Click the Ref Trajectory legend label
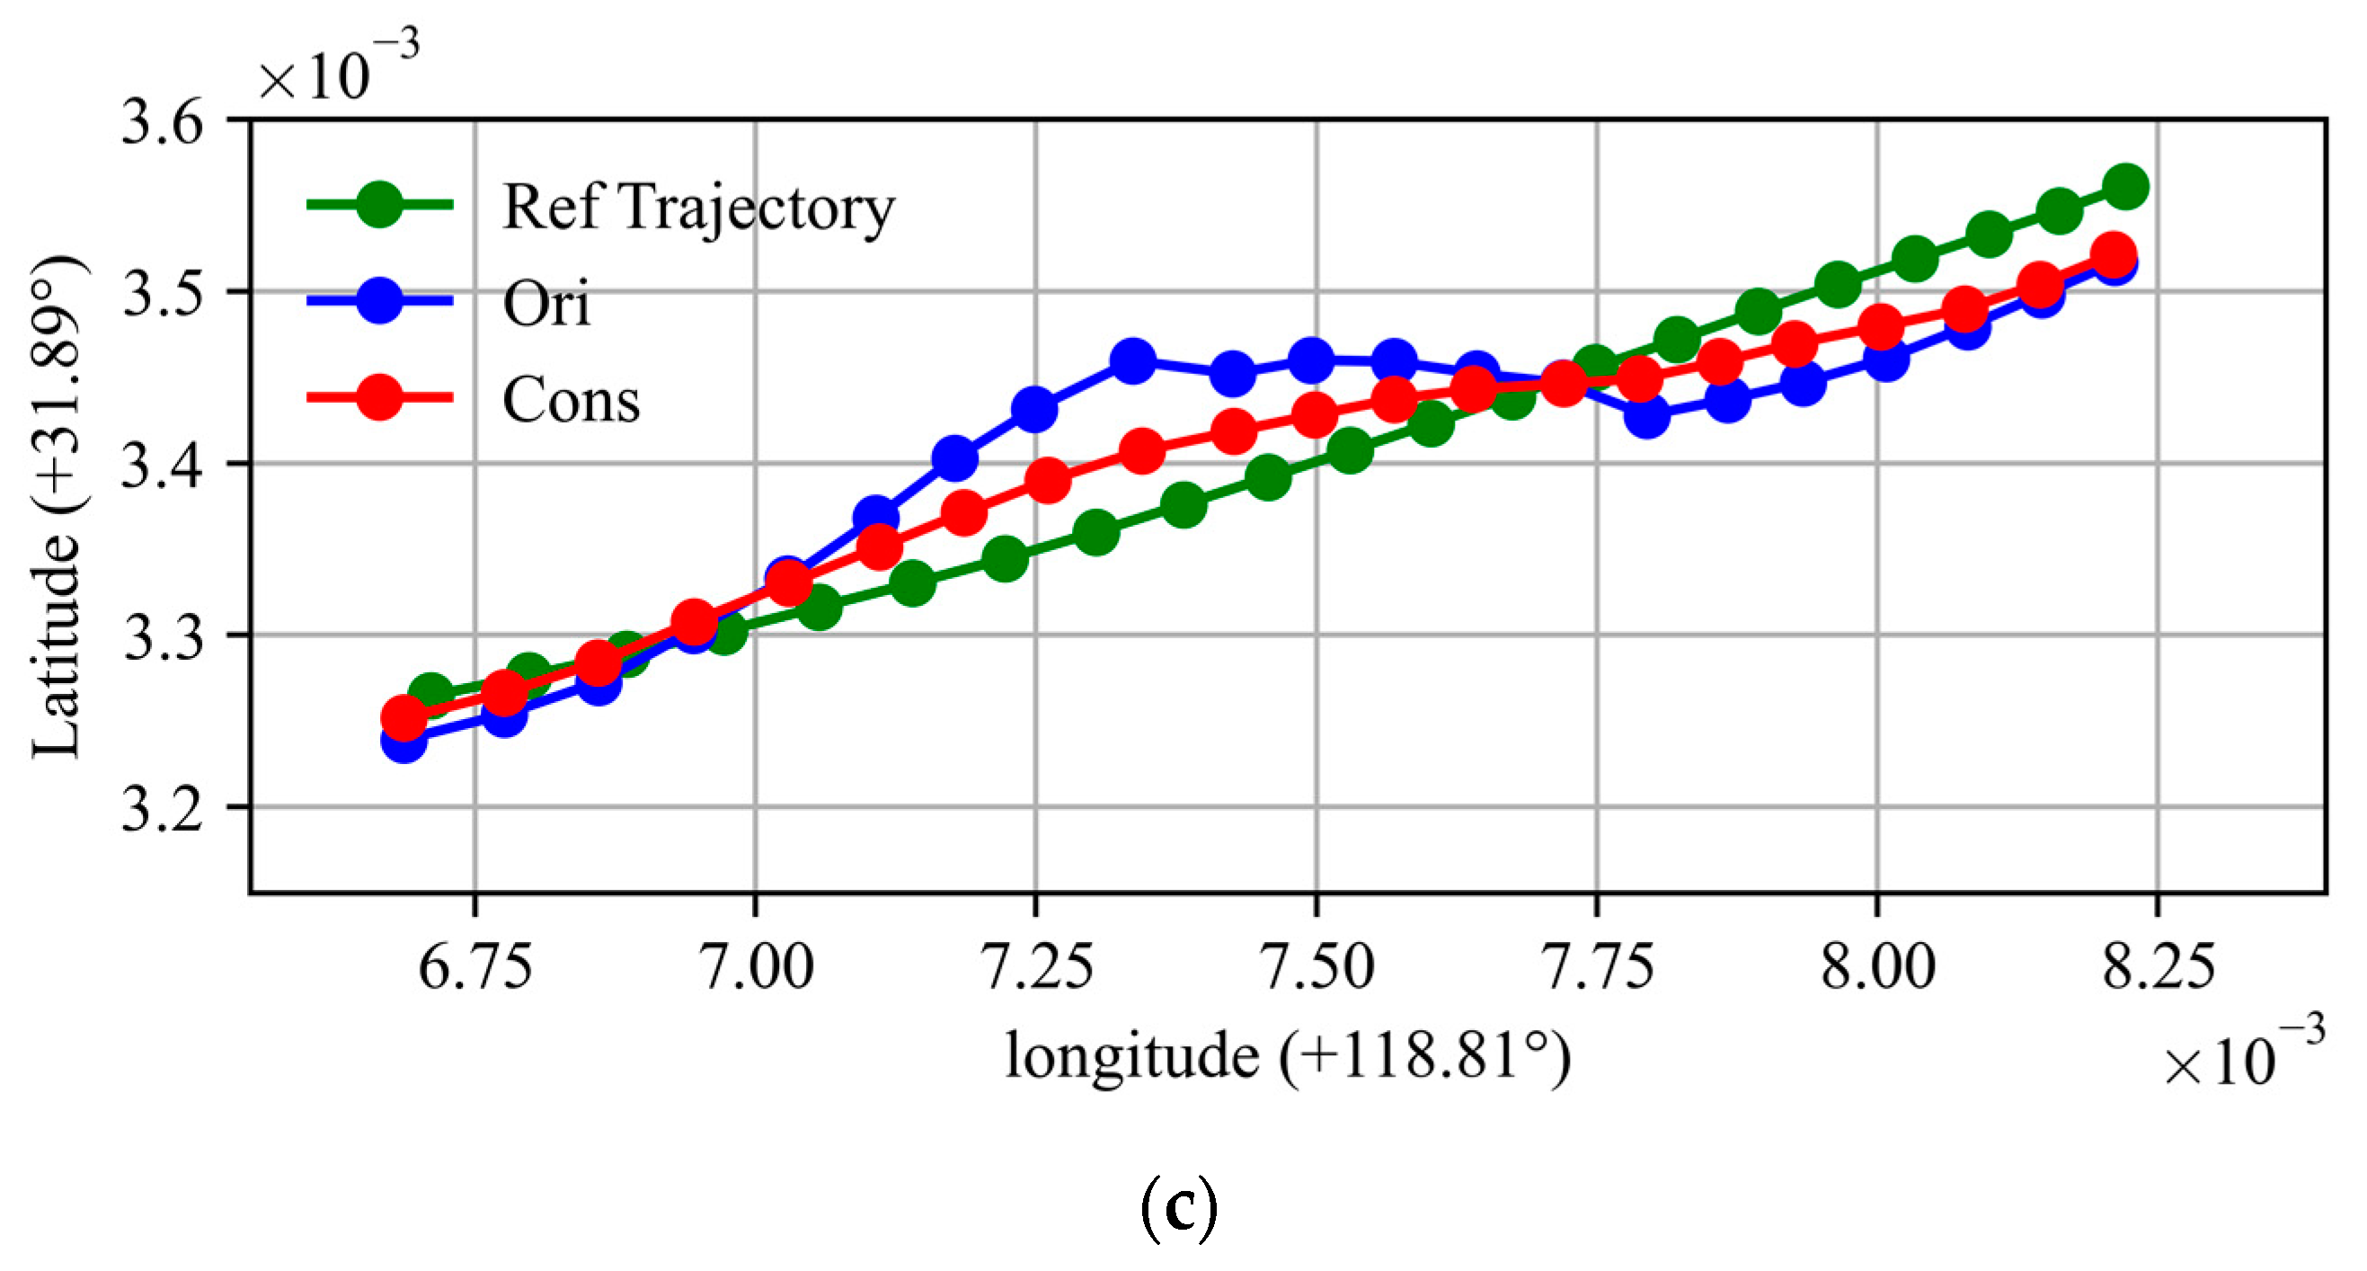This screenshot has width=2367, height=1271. point(698,208)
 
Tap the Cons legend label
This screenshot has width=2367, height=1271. point(571,400)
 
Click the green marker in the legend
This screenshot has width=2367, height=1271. point(378,204)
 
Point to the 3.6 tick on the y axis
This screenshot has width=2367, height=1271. point(163,121)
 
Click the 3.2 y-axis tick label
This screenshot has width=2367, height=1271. point(163,808)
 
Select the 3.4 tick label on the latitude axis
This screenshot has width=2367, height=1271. point(163,464)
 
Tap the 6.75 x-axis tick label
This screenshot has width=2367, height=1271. point(475,967)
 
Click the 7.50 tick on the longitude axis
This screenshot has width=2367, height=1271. point(1316,967)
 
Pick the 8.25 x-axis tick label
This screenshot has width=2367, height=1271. point(2158,967)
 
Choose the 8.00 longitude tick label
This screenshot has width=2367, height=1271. point(1877,967)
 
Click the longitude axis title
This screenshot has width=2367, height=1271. point(1288,1056)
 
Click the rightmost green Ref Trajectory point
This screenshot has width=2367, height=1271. point(2125,187)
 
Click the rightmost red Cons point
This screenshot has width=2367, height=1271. point(2113,253)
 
